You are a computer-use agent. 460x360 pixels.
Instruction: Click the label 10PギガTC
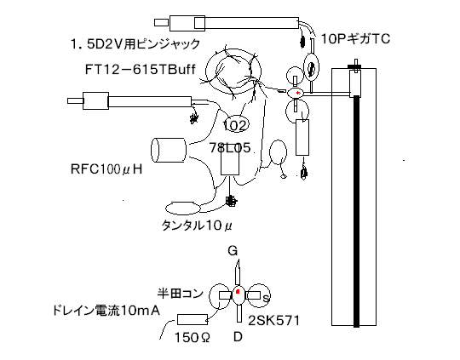pyautogui.click(x=355, y=38)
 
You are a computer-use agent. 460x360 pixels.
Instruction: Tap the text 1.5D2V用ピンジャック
pyautogui.click(x=135, y=44)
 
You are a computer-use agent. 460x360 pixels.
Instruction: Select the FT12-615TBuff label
pyautogui.click(x=141, y=70)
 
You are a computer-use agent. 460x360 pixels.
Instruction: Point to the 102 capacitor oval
pyautogui.click(x=236, y=124)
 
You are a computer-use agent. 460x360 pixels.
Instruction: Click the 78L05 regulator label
pyautogui.click(x=230, y=148)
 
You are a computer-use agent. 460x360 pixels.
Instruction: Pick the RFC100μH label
pyautogui.click(x=106, y=169)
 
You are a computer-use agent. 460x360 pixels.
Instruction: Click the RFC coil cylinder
pyautogui.click(x=169, y=150)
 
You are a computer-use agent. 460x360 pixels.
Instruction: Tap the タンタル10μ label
pyautogui.click(x=197, y=226)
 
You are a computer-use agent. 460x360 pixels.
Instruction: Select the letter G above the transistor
pyautogui.click(x=233, y=251)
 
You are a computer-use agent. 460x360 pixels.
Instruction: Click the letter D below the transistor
pyautogui.click(x=238, y=337)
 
